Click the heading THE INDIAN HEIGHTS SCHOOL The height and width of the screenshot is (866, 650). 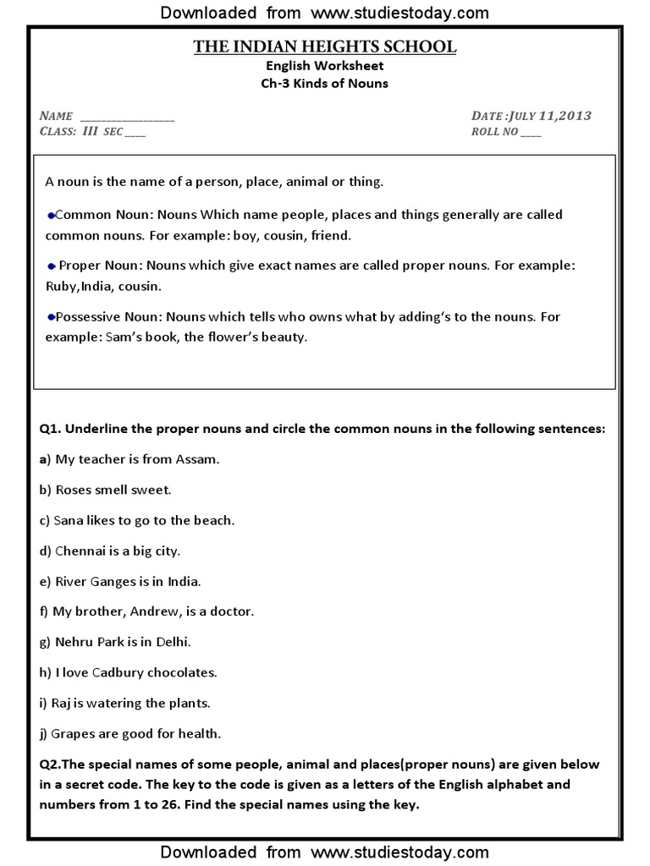[325, 47]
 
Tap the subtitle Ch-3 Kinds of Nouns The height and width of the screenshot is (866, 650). [325, 83]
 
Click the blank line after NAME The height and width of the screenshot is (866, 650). [127, 117]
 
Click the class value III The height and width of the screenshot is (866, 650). [91, 131]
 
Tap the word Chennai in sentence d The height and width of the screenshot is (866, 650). [81, 551]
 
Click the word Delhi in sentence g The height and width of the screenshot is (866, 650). [173, 642]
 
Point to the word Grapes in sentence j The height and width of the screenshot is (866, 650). [74, 733]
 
